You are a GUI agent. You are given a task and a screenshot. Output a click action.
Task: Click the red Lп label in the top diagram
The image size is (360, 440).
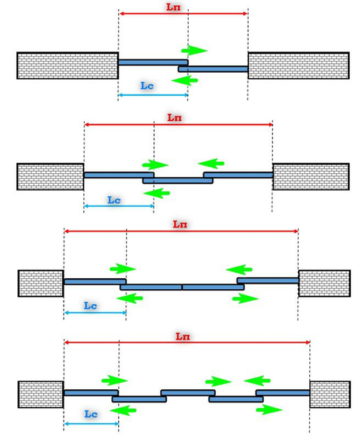(173, 7)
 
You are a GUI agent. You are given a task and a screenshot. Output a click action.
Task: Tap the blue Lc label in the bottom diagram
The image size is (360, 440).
(91, 414)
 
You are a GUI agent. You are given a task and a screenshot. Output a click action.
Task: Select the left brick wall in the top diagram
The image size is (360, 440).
(67, 65)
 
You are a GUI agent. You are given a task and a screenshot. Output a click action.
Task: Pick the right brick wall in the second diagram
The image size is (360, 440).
(311, 177)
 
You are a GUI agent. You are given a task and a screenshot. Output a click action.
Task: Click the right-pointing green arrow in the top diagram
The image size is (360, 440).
(194, 50)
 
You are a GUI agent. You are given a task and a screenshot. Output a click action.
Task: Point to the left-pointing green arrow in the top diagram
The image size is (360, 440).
(185, 80)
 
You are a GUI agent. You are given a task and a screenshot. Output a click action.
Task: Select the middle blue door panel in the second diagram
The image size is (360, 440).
(178, 181)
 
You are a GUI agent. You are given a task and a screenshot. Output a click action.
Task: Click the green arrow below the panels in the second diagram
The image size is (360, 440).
(156, 193)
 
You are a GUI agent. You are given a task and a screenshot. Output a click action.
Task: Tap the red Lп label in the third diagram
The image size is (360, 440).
(180, 224)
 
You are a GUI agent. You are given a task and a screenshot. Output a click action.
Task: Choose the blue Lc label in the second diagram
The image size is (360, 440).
(114, 200)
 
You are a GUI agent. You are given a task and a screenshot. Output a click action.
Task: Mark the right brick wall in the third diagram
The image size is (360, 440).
(324, 283)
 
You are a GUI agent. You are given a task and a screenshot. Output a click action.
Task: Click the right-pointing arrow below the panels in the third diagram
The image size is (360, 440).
(245, 299)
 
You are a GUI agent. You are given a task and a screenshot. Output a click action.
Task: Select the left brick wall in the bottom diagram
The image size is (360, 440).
(40, 394)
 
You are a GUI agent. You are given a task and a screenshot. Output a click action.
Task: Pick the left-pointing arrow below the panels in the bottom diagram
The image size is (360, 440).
(123, 410)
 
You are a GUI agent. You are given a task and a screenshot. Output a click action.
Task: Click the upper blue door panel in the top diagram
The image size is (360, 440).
(153, 62)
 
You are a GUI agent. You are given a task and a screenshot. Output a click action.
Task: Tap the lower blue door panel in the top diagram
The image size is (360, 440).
(213, 69)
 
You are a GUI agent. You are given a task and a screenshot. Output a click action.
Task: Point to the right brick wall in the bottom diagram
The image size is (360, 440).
(330, 394)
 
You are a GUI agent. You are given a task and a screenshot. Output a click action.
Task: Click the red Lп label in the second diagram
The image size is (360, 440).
(174, 118)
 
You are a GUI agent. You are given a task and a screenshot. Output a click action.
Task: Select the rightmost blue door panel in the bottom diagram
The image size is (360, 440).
(283, 393)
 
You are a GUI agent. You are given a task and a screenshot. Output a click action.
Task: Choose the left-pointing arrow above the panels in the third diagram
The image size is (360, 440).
(239, 270)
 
